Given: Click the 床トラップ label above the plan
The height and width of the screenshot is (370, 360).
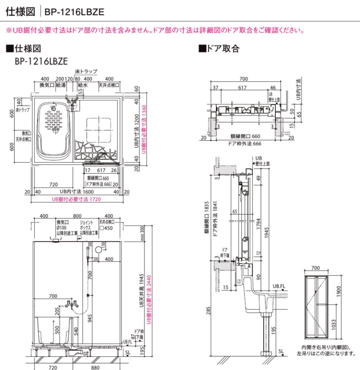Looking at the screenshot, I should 87,71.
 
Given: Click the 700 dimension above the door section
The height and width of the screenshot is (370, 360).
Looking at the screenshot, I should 243,79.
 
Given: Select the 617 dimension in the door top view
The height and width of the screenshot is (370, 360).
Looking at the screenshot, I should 242,87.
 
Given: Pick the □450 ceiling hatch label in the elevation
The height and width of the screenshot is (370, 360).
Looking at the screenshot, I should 106,228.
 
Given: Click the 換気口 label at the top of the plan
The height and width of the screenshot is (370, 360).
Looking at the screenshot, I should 47,85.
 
